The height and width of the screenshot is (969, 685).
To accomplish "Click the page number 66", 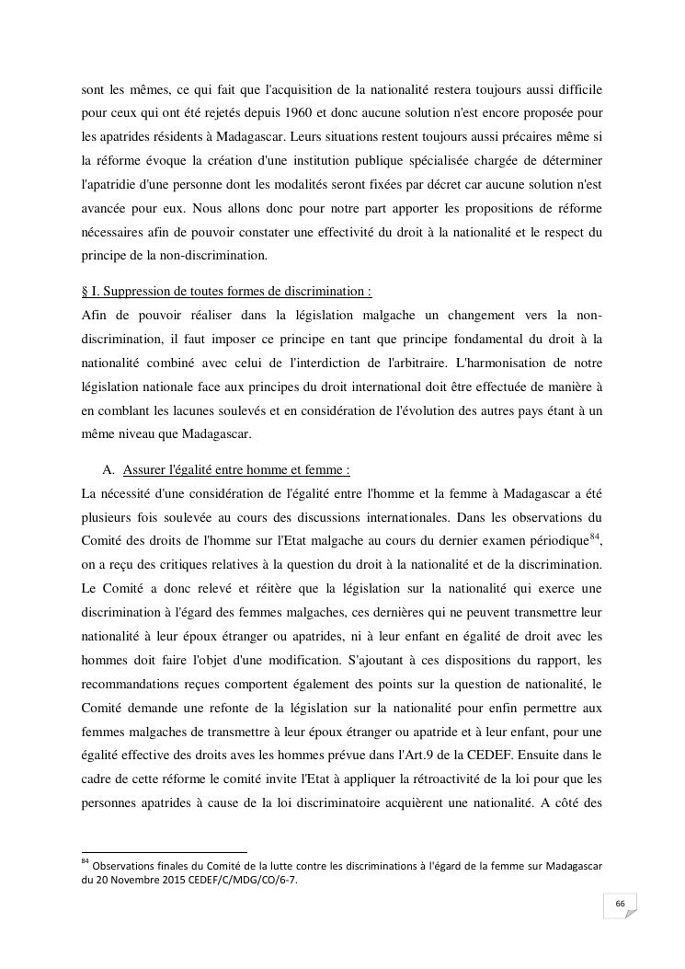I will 621,906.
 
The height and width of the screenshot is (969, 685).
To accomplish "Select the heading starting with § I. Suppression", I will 226,291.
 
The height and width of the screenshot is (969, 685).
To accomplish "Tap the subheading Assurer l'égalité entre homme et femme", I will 235,469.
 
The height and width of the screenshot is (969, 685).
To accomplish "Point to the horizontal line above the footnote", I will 165,852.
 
